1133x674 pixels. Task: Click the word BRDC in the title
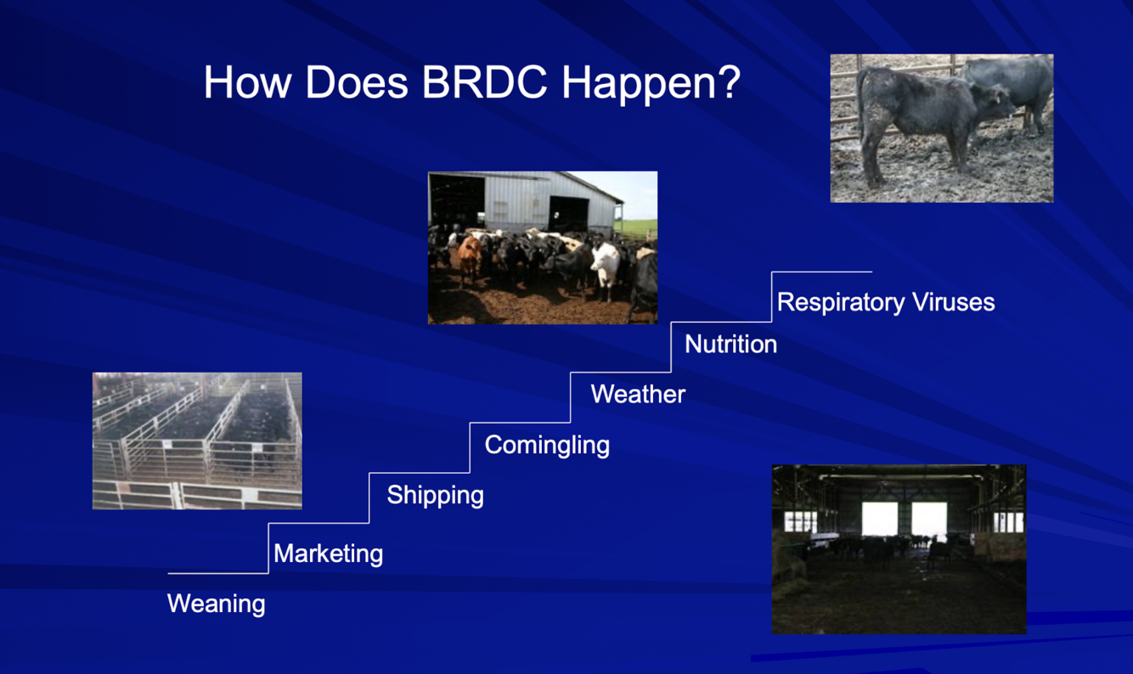click(485, 81)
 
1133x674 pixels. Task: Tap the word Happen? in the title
click(651, 84)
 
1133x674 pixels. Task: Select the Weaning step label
click(217, 604)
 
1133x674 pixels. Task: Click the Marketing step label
click(329, 553)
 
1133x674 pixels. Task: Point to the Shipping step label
click(436, 496)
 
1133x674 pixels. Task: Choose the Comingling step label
click(547, 446)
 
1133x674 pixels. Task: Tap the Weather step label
click(639, 394)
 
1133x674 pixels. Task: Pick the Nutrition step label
click(731, 345)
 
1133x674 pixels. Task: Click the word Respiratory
click(840, 303)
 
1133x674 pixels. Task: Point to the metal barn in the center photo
click(526, 202)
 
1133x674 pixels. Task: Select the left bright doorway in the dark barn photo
click(880, 520)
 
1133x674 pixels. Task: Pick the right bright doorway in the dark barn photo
click(930, 520)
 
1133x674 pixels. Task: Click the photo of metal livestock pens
click(197, 441)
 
